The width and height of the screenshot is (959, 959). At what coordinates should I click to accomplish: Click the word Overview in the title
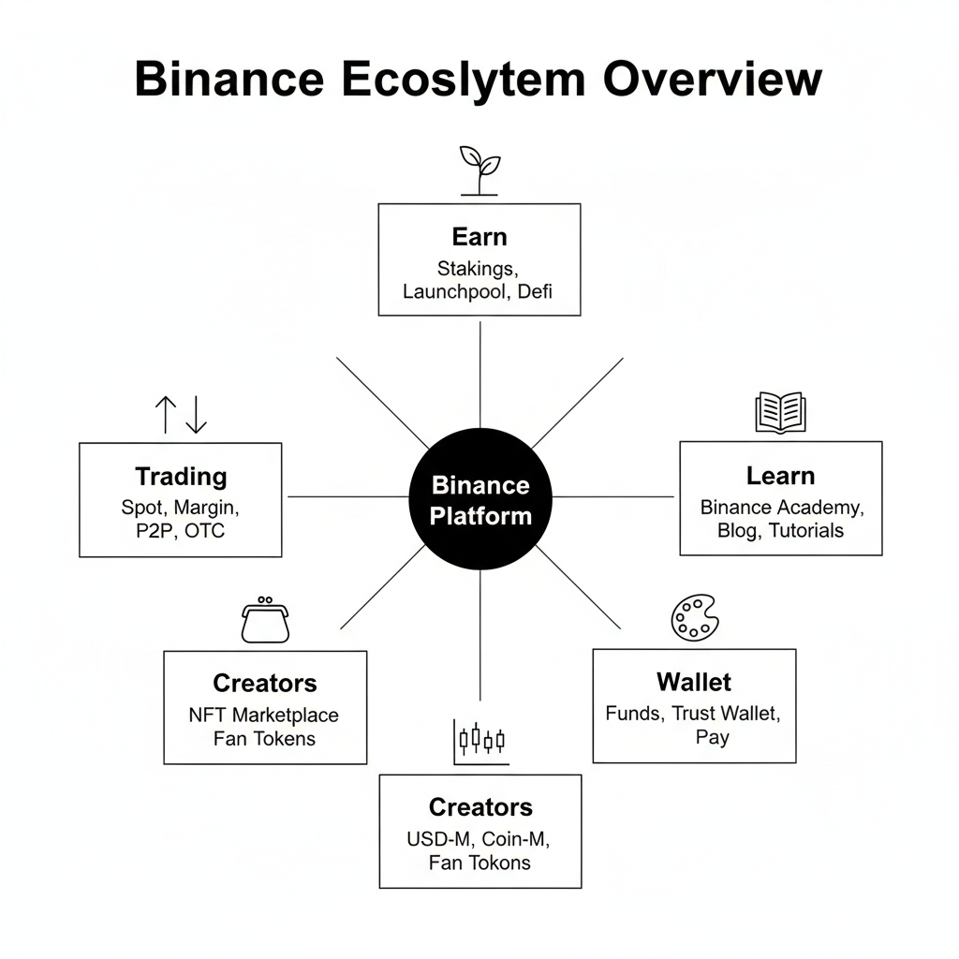pyautogui.click(x=712, y=79)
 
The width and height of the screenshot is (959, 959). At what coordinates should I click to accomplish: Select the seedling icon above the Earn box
pyautogui.click(x=479, y=170)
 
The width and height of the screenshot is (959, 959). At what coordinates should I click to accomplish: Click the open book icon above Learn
pyautogui.click(x=780, y=412)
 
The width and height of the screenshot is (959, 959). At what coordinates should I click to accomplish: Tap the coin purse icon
pyautogui.click(x=265, y=621)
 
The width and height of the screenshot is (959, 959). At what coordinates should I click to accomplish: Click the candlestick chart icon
pyautogui.click(x=481, y=740)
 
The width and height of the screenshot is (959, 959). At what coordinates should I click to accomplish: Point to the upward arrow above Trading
pyautogui.click(x=165, y=414)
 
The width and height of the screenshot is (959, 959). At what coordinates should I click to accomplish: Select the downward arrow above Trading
pyautogui.click(x=196, y=414)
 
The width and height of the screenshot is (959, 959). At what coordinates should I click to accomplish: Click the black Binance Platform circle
pyautogui.click(x=480, y=500)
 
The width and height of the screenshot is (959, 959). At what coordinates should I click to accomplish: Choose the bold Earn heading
pyautogui.click(x=479, y=236)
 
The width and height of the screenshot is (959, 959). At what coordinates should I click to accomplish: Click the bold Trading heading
pyautogui.click(x=181, y=477)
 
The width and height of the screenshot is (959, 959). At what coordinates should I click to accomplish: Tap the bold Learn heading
pyautogui.click(x=780, y=476)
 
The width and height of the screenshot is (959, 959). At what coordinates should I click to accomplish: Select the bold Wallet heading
pyautogui.click(x=694, y=681)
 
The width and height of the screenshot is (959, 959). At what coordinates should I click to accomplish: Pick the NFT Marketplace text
pyautogui.click(x=264, y=715)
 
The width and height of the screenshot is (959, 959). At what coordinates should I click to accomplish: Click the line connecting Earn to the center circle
pyautogui.click(x=480, y=375)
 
